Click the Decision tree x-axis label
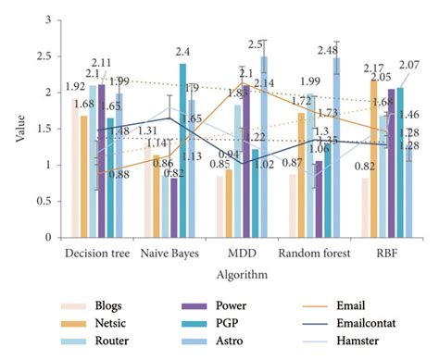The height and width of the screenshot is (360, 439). pyautogui.click(x=95, y=252)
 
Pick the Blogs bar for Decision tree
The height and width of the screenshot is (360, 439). pyautogui.click(x=74, y=168)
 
